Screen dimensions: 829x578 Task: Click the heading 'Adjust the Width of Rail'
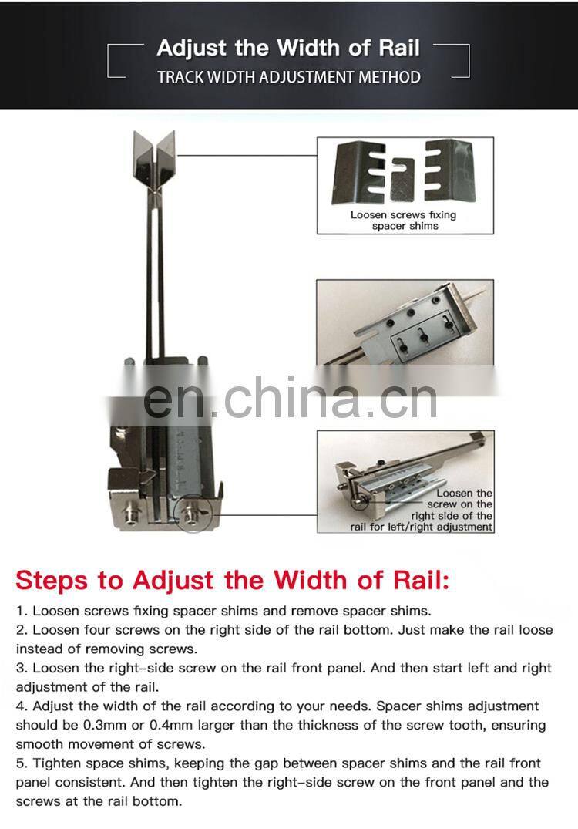tap(288, 48)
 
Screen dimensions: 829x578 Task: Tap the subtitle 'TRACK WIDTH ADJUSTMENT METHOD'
tap(288, 77)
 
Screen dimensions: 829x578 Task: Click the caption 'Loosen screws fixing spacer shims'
tap(403, 220)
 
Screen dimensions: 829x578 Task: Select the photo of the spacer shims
tap(403, 173)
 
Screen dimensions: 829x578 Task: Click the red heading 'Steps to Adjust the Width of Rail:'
tap(232, 580)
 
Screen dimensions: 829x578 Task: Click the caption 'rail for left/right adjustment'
tap(421, 527)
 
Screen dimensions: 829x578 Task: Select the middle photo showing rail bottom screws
tap(405, 322)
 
